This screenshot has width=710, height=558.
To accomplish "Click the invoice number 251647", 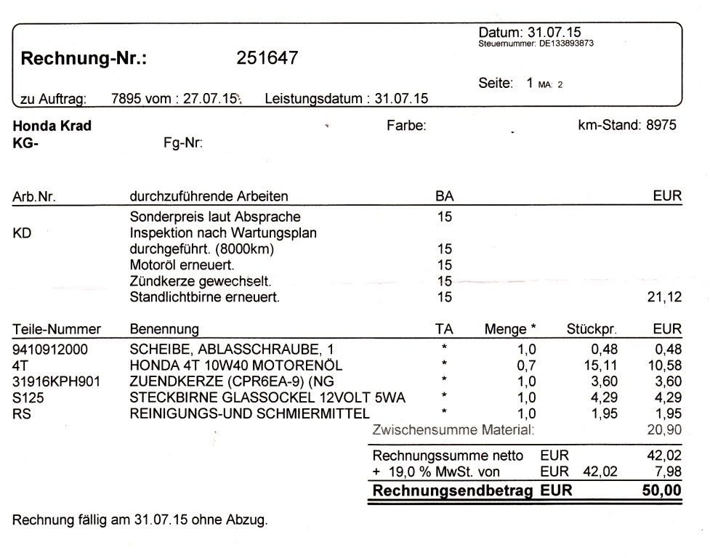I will (x=267, y=59).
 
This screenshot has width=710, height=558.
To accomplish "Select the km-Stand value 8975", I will (x=661, y=126).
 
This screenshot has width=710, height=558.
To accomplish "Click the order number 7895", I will (x=124, y=98).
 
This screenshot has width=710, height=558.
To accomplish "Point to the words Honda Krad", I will (x=52, y=126).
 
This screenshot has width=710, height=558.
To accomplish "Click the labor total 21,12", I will (x=667, y=296).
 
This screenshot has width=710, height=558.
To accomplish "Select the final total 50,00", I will (x=662, y=491).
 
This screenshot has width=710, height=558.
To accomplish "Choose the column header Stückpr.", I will (x=592, y=330).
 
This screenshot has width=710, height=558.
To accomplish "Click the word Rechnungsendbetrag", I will (x=454, y=491).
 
